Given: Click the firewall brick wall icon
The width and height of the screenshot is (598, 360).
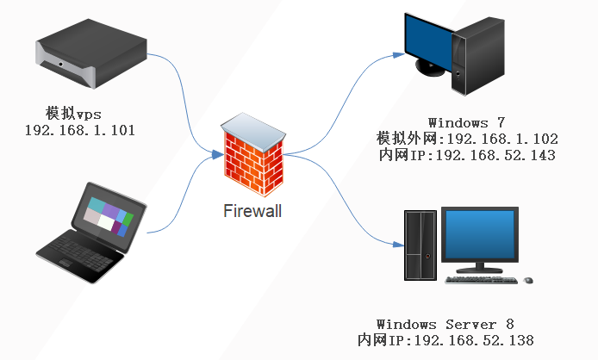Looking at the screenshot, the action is pyautogui.click(x=253, y=154).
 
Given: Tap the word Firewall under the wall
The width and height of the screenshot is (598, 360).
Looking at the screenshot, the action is pyautogui.click(x=252, y=211).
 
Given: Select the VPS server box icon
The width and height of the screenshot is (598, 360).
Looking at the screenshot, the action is pyautogui.click(x=91, y=53).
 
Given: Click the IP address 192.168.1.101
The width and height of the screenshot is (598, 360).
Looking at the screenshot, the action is pyautogui.click(x=80, y=130).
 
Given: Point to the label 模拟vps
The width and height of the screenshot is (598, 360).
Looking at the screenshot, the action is pyautogui.click(x=73, y=114).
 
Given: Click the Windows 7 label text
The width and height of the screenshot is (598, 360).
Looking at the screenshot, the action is pyautogui.click(x=467, y=123).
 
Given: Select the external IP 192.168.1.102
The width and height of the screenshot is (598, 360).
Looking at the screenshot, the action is pyautogui.click(x=502, y=139).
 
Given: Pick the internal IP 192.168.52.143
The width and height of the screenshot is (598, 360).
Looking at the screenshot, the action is pyautogui.click(x=495, y=155).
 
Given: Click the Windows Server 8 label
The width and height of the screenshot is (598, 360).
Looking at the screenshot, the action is pyautogui.click(x=445, y=324).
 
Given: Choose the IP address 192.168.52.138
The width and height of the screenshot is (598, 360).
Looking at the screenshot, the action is pyautogui.click(x=474, y=340).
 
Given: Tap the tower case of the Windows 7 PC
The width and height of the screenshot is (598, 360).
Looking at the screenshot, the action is pyautogui.click(x=478, y=56).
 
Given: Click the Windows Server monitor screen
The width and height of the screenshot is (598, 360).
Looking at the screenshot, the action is pyautogui.click(x=480, y=234).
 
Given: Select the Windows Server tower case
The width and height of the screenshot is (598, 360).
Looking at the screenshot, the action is pyautogui.click(x=420, y=245).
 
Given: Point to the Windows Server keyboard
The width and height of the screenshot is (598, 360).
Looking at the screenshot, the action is pyautogui.click(x=482, y=280).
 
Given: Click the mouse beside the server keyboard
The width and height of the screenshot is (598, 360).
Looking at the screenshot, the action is pyautogui.click(x=528, y=281).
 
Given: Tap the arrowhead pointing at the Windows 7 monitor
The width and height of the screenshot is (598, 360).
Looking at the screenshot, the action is pyautogui.click(x=399, y=55).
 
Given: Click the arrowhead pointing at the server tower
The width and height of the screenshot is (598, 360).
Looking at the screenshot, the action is pyautogui.click(x=399, y=245).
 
